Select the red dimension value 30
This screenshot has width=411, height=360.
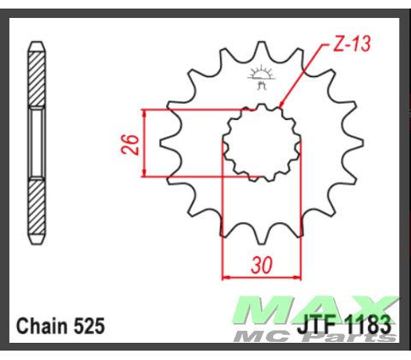[262, 267]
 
